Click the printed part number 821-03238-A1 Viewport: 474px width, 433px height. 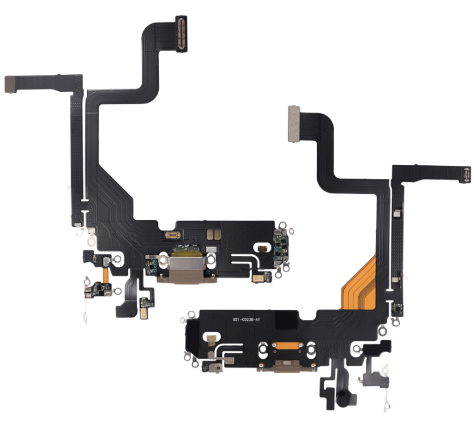tap(246, 320)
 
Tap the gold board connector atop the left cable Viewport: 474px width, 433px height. tap(182, 33)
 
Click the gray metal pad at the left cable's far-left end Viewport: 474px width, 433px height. tap(11, 85)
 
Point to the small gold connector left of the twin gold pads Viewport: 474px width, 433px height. tap(173, 235)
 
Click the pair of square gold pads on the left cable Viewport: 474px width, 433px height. tap(214, 234)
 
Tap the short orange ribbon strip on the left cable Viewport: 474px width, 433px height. tap(105, 275)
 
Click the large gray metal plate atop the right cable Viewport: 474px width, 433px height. tap(295, 124)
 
